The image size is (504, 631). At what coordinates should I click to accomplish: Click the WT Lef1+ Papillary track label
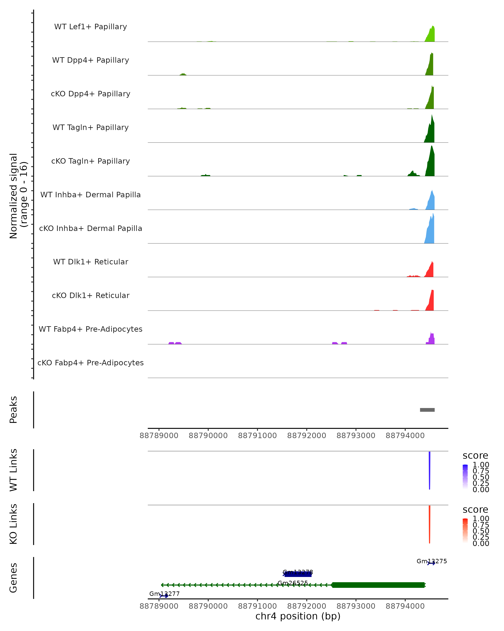point(91,27)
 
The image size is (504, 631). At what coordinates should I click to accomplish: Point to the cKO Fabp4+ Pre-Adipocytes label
point(91,363)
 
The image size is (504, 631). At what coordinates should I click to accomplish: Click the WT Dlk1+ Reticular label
point(91,262)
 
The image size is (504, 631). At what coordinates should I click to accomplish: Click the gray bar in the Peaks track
point(427,410)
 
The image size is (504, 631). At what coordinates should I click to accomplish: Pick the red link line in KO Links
point(429,524)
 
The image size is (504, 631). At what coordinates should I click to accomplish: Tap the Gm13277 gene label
point(164,594)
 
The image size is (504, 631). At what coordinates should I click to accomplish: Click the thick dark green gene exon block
point(378,585)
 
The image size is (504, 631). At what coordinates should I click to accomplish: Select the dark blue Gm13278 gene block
point(298,574)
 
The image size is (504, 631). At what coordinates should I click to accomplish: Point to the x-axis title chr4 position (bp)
point(298,616)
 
